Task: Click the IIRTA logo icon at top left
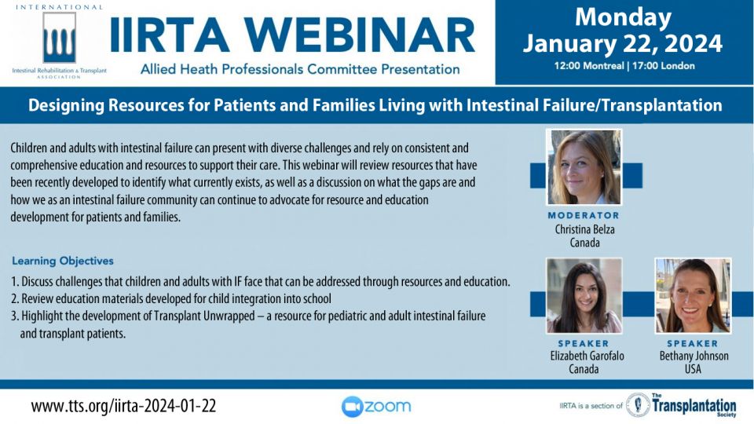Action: click(60, 38)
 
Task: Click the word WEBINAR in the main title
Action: click(361, 35)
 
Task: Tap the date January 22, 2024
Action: click(623, 44)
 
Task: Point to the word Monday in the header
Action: click(623, 16)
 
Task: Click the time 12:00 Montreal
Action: click(588, 66)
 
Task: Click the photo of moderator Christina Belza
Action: click(584, 166)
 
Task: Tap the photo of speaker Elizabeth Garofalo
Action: click(584, 296)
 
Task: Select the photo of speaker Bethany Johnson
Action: click(693, 296)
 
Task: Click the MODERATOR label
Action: click(584, 215)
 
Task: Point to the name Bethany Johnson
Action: click(694, 356)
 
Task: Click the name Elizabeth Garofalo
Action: click(587, 356)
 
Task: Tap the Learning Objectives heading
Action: click(63, 261)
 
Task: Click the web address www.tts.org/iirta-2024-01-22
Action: click(123, 406)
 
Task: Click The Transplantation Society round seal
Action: click(638, 405)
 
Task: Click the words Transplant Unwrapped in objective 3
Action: click(204, 316)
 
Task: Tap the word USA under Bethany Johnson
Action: click(693, 369)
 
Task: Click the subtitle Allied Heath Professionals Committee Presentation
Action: click(300, 69)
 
